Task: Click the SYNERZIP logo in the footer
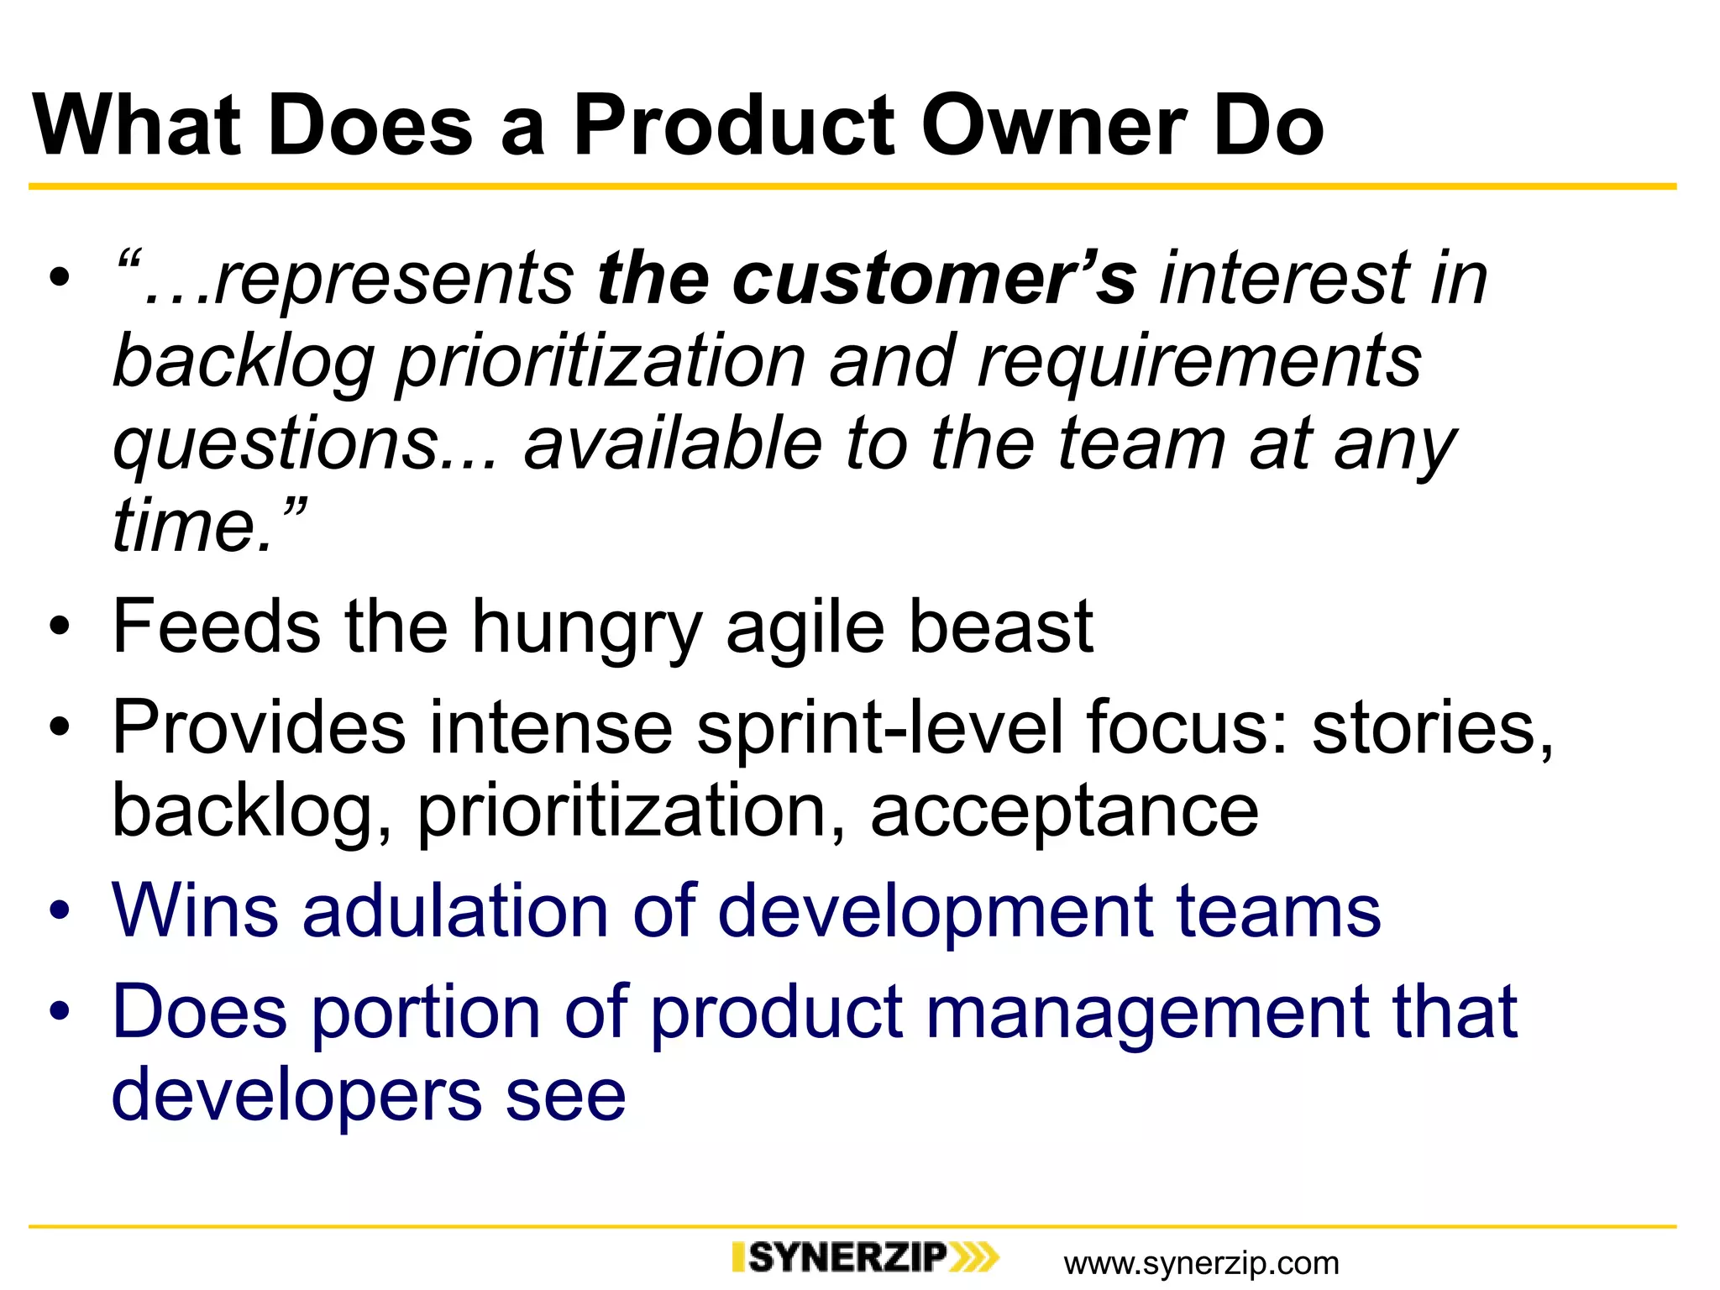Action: (x=865, y=1257)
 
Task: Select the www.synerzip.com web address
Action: (x=1201, y=1263)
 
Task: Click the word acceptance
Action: (x=1064, y=810)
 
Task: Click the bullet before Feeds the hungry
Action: (x=58, y=628)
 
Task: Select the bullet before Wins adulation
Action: (x=58, y=912)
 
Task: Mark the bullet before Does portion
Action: (x=58, y=1012)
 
